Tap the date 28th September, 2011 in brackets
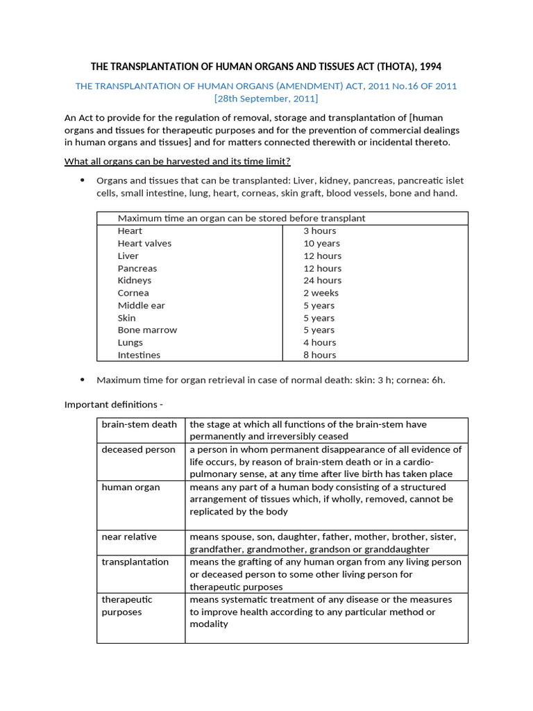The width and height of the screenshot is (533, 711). pos(266,99)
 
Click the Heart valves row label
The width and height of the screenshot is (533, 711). pos(144,243)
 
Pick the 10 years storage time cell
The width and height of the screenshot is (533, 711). pos(321,243)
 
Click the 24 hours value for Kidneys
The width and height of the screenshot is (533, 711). pos(322,281)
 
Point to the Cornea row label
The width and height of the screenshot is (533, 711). pos(133,293)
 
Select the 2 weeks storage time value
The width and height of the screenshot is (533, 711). pos(321,293)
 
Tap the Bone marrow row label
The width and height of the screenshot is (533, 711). pos(147,330)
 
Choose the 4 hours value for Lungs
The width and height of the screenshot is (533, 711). pos(319,342)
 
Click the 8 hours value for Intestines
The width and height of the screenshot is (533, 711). pos(319,355)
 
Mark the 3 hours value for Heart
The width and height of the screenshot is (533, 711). pos(319,231)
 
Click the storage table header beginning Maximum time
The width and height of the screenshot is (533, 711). pos(242,218)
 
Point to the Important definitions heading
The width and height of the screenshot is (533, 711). pos(115,404)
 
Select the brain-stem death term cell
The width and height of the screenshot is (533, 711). pos(139,424)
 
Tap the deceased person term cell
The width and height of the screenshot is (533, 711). pos(138,449)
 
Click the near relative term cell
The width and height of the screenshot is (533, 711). pos(129,537)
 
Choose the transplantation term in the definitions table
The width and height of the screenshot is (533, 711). pos(135,562)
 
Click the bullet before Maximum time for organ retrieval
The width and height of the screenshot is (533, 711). pos(82,380)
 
